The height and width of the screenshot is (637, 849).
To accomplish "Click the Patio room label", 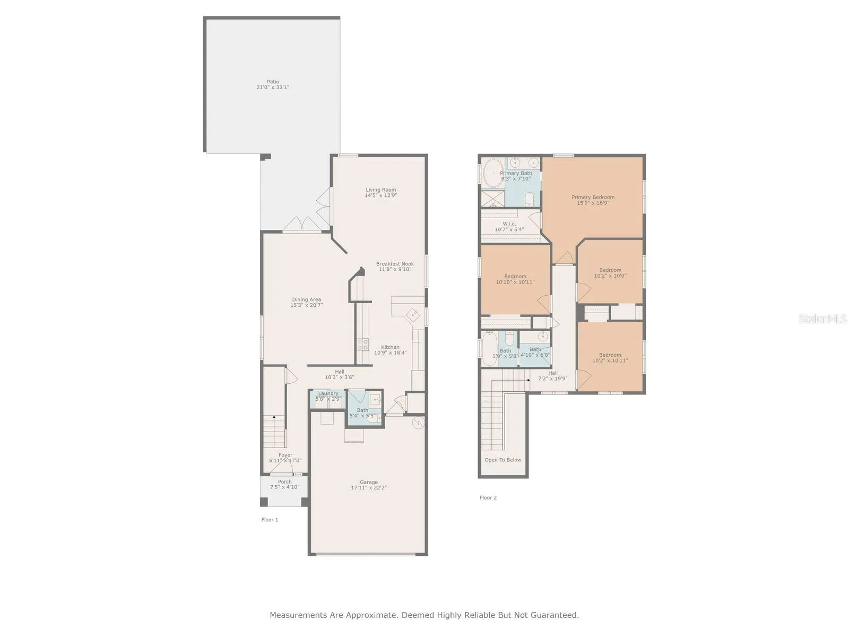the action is coord(273,82).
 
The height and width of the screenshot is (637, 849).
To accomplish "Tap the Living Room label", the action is coord(380,190).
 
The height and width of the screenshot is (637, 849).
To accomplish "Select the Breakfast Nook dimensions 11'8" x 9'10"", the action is coord(395,269).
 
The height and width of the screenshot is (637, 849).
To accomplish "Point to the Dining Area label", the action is coord(306,299).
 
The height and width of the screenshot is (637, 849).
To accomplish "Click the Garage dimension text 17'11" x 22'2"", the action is coord(369,488).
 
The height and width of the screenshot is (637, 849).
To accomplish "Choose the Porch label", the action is coord(284,482).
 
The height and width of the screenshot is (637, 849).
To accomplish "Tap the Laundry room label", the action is coord(328,393).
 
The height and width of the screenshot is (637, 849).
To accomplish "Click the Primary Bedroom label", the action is coord(593,197).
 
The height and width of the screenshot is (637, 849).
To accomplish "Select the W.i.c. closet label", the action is coord(509,224).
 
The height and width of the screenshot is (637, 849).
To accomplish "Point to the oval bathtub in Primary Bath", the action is coord(493,173).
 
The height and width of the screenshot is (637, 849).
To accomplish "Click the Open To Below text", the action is coord(503,460).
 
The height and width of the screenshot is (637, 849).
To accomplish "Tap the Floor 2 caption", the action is coord(488,498).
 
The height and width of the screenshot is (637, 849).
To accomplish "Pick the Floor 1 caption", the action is coord(270,520).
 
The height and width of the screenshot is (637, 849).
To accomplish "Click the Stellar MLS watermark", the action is coord(822,318).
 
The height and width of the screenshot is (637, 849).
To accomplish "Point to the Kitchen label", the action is coord(390,347).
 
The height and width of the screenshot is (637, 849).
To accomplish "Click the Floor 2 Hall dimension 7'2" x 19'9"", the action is coord(553,379).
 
